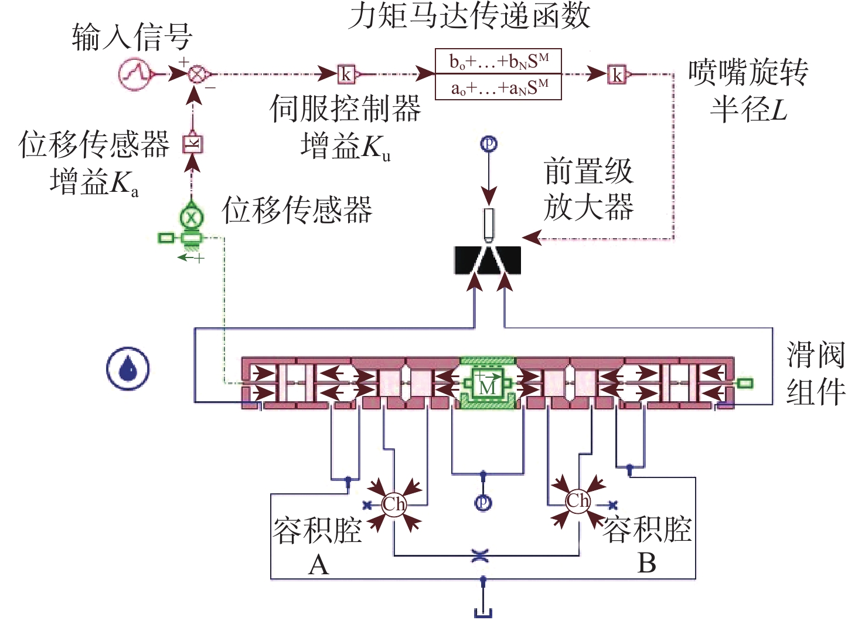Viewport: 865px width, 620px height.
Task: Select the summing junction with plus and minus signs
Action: pyautogui.click(x=196, y=74)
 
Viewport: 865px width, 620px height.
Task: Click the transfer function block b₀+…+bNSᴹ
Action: pyautogui.click(x=498, y=74)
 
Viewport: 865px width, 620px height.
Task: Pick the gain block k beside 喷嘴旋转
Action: pyautogui.click(x=617, y=74)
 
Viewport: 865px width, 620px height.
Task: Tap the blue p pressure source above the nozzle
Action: pyautogui.click(x=489, y=144)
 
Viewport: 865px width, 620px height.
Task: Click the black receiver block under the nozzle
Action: pyautogui.click(x=488, y=260)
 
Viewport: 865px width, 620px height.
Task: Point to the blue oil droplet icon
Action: pyautogui.click(x=128, y=368)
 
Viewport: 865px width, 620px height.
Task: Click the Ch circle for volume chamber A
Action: pyautogui.click(x=394, y=503)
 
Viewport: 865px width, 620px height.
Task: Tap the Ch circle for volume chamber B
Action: pyautogui.click(x=578, y=501)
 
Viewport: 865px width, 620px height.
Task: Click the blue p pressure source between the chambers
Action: pyautogui.click(x=483, y=503)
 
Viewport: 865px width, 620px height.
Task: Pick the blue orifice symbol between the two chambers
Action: pyautogui.click(x=480, y=556)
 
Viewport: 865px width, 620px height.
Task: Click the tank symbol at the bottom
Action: pyautogui.click(x=483, y=612)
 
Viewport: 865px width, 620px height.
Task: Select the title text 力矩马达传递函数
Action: pyautogui.click(x=469, y=16)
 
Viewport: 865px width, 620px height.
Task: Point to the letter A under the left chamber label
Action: pyautogui.click(x=319, y=565)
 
